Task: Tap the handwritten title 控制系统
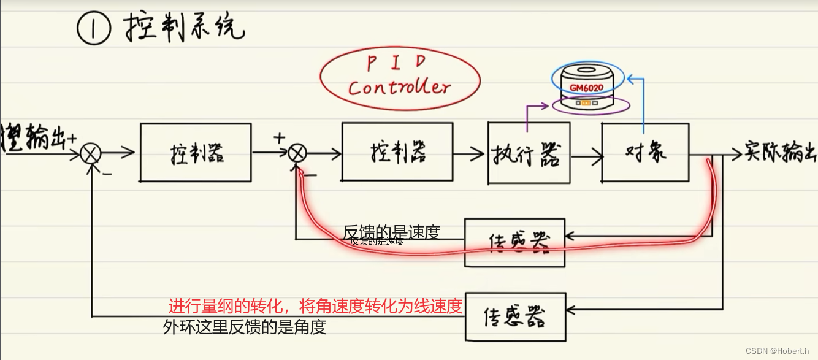click(x=184, y=28)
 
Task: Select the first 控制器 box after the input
click(x=195, y=153)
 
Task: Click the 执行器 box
click(x=529, y=153)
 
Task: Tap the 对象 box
click(x=644, y=152)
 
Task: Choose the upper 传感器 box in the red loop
click(x=514, y=242)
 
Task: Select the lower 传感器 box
click(x=515, y=316)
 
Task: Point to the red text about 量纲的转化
click(x=315, y=305)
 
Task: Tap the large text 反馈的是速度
click(x=392, y=232)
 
